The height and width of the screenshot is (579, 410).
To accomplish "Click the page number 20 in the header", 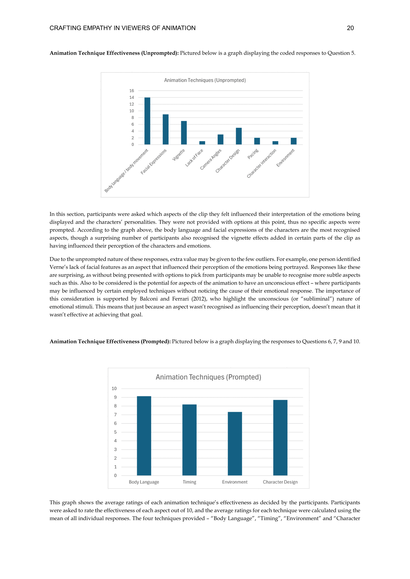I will pyautogui.click(x=350, y=28).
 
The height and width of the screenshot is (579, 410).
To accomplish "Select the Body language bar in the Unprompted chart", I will pyautogui.click(x=147, y=121).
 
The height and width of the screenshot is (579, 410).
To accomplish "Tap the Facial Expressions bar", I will pyautogui.click(x=166, y=129).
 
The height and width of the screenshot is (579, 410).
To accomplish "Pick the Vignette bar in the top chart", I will pyautogui.click(x=184, y=133).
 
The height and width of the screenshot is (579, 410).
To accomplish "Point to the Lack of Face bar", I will pyautogui.click(x=202, y=143).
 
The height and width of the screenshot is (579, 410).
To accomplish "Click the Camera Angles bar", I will pyautogui.click(x=220, y=139).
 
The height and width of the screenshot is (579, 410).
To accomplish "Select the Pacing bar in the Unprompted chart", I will pyautogui.click(x=257, y=141).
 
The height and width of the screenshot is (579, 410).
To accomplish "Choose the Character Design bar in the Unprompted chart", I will pyautogui.click(x=239, y=136).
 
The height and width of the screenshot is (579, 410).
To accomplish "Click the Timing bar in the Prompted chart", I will pyautogui.click(x=189, y=440).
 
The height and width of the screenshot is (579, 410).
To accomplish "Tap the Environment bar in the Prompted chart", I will pyautogui.click(x=235, y=444).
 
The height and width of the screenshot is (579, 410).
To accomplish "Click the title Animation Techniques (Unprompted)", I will pyautogui.click(x=205, y=80).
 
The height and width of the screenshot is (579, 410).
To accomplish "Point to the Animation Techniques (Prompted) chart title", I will pyautogui.click(x=208, y=377).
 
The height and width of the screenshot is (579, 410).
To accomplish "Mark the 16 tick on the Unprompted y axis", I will pyautogui.click(x=132, y=91).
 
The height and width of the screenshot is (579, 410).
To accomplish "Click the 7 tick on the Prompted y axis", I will pyautogui.click(x=115, y=415).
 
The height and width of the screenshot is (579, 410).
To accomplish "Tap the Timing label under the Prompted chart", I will pyautogui.click(x=189, y=482).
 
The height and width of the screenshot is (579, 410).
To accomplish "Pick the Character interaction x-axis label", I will pyautogui.click(x=262, y=163).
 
